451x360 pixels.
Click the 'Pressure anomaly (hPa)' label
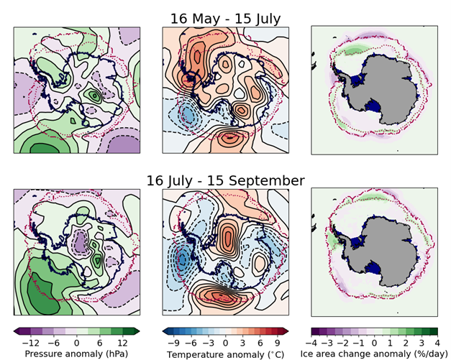[x=76, y=354]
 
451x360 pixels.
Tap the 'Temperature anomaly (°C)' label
[x=226, y=354]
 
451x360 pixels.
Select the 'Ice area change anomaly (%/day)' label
[x=375, y=354]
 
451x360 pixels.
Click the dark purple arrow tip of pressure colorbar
[x=17, y=331]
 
